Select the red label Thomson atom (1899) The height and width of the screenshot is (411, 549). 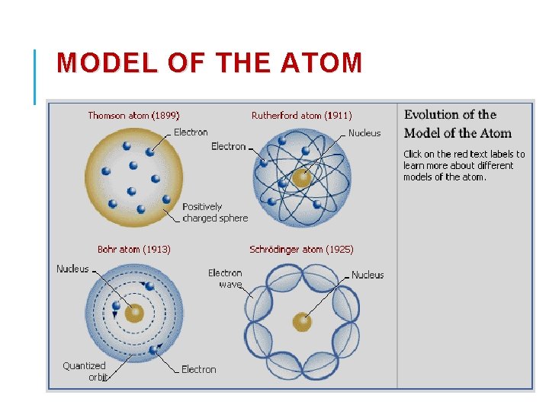coord(133,116)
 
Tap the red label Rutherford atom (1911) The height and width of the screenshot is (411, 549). coord(301,116)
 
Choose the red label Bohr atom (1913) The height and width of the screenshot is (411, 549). coord(134,249)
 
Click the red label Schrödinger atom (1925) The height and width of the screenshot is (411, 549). coord(301,249)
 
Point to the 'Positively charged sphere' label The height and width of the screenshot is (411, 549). coord(215,212)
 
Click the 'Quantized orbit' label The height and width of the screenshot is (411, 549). coord(85,371)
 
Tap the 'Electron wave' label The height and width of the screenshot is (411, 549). coord(226,279)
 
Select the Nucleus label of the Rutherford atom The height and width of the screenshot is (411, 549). coord(364,133)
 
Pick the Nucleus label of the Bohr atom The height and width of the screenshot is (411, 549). coord(72,269)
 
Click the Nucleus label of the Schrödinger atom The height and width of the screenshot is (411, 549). coord(368,275)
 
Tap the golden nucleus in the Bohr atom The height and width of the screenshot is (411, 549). coord(134,313)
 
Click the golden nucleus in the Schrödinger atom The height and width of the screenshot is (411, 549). coord(303,322)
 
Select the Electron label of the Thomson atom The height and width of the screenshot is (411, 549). coord(191,132)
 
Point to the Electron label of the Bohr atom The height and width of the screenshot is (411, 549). coord(199,369)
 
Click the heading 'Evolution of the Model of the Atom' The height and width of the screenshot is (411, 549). coord(457,124)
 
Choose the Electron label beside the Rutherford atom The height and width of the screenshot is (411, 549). coord(229,146)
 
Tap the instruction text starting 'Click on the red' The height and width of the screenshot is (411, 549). coord(464,165)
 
